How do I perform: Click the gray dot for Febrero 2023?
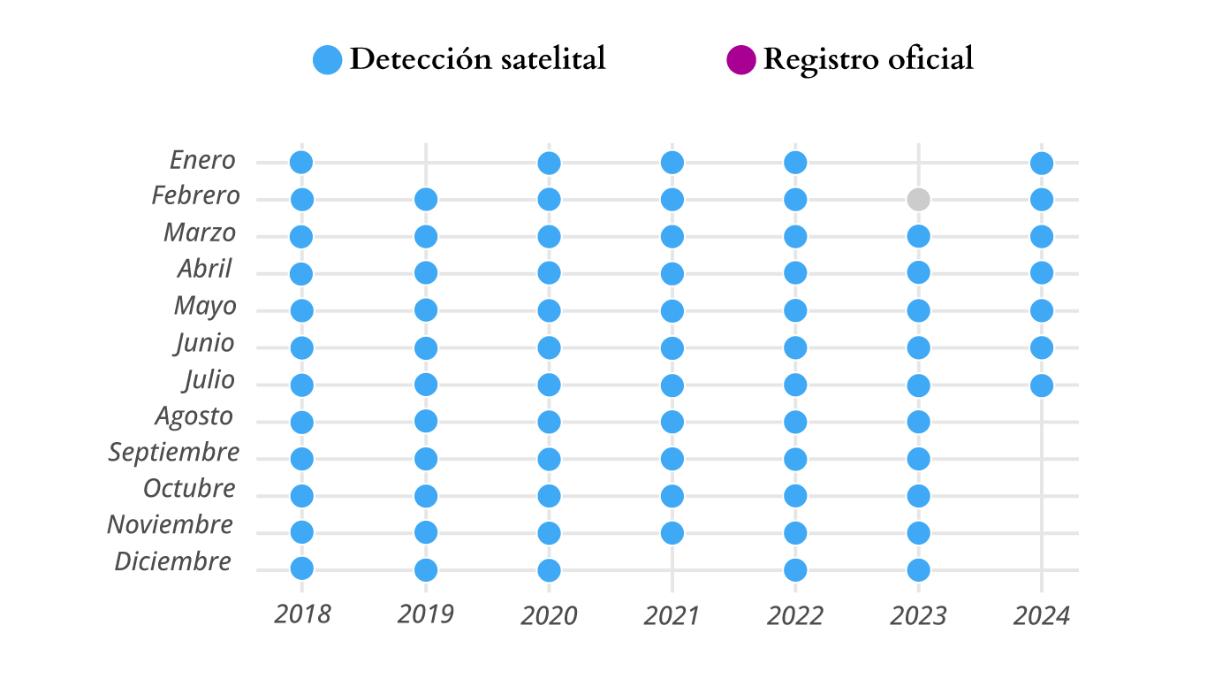click(x=918, y=199)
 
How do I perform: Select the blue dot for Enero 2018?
click(x=301, y=162)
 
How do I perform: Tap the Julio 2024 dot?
click(x=1042, y=385)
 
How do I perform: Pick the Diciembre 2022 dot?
click(x=795, y=569)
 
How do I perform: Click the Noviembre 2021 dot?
click(x=672, y=532)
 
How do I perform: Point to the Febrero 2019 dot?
click(x=426, y=199)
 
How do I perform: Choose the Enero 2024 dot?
click(x=1042, y=163)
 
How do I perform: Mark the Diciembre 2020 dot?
click(x=549, y=569)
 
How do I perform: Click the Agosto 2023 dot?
click(x=918, y=422)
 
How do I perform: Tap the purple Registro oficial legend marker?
click(x=740, y=60)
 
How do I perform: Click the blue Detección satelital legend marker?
click(x=328, y=60)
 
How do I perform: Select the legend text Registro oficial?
click(x=868, y=59)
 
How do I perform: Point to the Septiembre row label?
click(x=174, y=452)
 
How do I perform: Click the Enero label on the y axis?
click(x=202, y=160)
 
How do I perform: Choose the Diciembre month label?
click(x=173, y=561)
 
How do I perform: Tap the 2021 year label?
click(x=671, y=615)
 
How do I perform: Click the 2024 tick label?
click(x=1041, y=615)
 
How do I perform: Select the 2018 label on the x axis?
click(x=302, y=614)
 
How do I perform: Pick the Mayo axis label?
click(x=205, y=306)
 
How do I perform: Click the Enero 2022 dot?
click(x=795, y=162)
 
